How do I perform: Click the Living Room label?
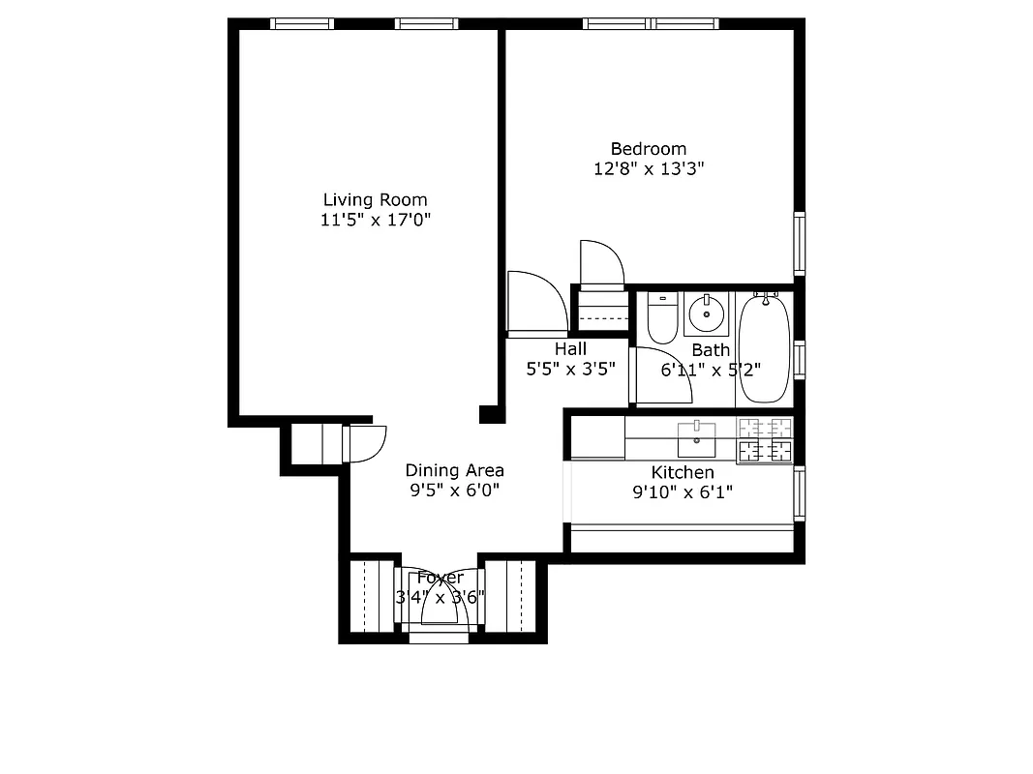coord(375,200)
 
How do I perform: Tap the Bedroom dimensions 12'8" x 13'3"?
coord(648,168)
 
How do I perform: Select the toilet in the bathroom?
coord(662,318)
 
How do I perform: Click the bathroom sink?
coord(708,313)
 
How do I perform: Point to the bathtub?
coord(764,349)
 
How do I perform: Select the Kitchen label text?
coord(683,472)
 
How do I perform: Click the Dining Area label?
coord(454,470)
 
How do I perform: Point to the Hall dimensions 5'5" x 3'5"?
coord(570,369)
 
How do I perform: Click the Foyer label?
coord(441,578)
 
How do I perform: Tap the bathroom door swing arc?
coord(668,373)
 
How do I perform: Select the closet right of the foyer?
coord(509,596)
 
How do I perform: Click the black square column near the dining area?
coord(492,414)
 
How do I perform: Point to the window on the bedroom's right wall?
coord(800,243)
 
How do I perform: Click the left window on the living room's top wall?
coord(302,24)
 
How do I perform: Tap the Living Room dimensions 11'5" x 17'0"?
coord(375,220)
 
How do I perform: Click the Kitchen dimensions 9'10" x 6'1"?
coord(683,491)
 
